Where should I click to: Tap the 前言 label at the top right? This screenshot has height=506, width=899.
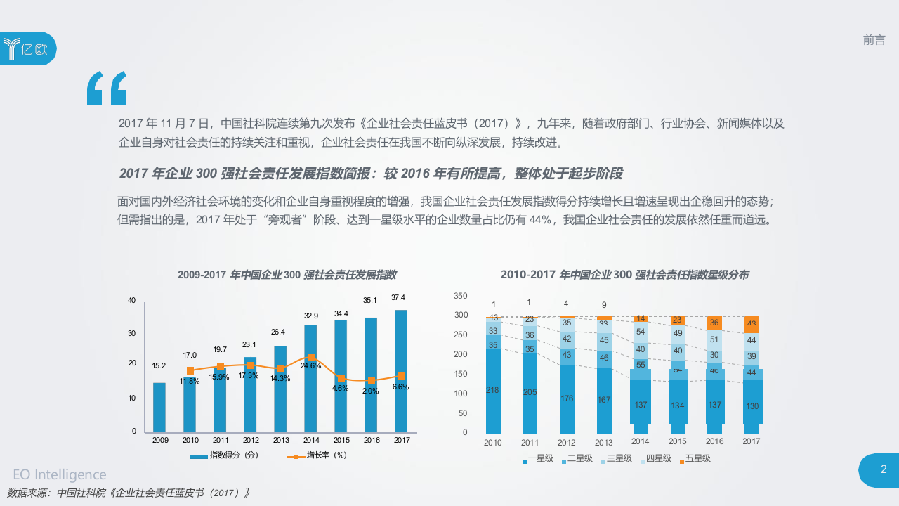[x=874, y=40]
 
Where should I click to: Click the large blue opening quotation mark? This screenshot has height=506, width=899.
[x=107, y=88]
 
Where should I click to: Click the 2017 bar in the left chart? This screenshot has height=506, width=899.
[x=401, y=371]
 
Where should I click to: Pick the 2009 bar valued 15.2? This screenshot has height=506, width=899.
[x=159, y=408]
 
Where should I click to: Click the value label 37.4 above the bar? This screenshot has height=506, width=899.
[x=398, y=297]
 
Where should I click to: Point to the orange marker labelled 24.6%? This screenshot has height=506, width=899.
[x=311, y=358]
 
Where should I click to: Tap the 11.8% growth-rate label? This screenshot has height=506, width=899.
[x=190, y=381]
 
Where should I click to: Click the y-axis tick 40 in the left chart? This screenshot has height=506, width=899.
[x=131, y=300]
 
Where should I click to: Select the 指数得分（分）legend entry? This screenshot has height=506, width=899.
[x=227, y=455]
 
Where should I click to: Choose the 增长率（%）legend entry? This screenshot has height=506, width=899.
[x=318, y=455]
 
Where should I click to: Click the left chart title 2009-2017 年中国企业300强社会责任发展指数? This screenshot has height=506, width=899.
[x=287, y=274]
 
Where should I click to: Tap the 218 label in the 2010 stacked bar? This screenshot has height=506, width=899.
[x=492, y=390]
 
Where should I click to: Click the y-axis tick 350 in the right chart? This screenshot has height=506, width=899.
[x=460, y=295]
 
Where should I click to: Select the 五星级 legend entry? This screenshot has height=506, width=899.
[x=693, y=459]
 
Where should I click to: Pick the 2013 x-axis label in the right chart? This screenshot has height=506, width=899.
[x=603, y=443]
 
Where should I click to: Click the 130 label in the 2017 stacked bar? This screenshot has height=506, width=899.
[x=752, y=406]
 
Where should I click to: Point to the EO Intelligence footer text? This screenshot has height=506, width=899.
[x=60, y=474]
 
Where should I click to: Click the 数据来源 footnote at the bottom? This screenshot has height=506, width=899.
[x=129, y=493]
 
